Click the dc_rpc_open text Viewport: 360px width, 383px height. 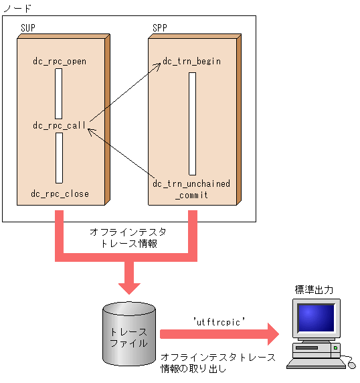click(60, 62)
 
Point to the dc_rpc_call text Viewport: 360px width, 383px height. click(60, 126)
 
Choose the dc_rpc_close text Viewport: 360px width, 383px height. click(60, 194)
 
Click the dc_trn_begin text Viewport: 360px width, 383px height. click(191, 62)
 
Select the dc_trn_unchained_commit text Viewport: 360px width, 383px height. click(191, 189)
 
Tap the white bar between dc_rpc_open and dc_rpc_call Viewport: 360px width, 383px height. click(59, 94)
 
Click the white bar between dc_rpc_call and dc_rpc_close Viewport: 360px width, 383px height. click(59, 158)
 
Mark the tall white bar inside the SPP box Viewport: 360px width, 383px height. click(192, 123)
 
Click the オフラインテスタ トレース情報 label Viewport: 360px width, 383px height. click(128, 238)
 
